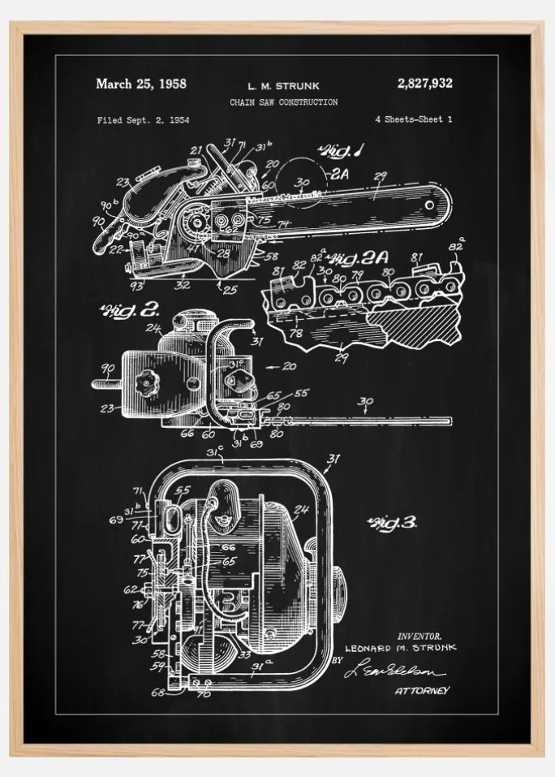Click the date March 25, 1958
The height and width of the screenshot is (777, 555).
[141, 84]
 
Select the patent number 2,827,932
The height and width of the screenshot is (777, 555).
[424, 83]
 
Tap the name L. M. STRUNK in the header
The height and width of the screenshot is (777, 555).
[283, 84]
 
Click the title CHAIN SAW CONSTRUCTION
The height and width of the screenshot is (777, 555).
[283, 102]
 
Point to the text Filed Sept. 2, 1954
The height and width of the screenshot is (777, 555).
[143, 120]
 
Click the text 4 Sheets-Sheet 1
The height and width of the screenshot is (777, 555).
[413, 119]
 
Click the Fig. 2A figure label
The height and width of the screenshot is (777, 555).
[360, 260]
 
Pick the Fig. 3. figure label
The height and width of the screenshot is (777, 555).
[391, 523]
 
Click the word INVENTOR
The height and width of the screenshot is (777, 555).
[419, 636]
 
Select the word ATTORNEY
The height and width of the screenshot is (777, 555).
[422, 690]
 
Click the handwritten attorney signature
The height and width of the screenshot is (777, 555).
[394, 671]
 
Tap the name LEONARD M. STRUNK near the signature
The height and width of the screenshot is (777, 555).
[400, 648]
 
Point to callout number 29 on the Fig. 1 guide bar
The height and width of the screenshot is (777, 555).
[380, 175]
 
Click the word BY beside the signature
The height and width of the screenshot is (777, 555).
[338, 661]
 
